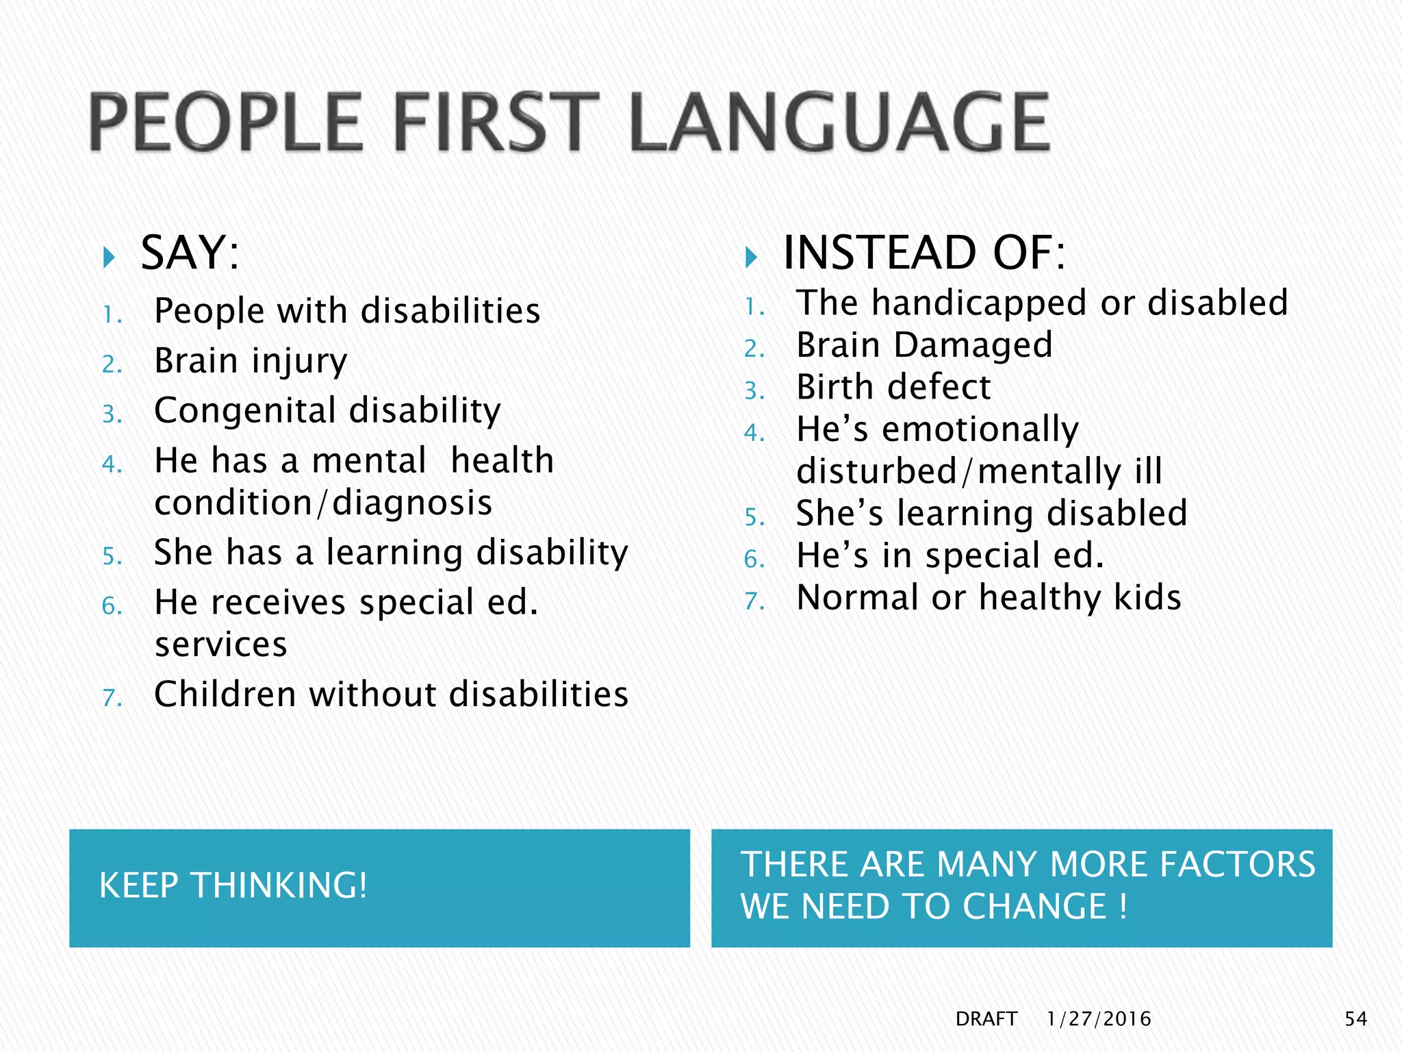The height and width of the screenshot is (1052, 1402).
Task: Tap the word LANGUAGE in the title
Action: (839, 123)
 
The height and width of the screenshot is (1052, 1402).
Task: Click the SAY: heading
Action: (190, 253)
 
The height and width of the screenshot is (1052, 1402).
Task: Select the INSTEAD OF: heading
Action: (923, 253)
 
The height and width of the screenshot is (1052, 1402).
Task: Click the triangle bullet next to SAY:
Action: (108, 258)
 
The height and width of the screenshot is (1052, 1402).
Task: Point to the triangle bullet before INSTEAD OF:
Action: (751, 258)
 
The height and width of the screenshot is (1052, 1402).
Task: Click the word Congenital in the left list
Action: (246, 411)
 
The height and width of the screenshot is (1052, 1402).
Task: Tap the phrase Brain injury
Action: (251, 361)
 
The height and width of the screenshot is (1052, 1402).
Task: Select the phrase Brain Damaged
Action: (924, 345)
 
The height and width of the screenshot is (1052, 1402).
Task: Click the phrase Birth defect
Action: (893, 388)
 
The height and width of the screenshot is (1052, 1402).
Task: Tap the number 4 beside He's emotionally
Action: (754, 433)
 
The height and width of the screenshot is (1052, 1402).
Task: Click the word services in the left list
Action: (220, 645)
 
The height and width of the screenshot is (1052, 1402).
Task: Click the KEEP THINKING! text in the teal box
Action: (233, 886)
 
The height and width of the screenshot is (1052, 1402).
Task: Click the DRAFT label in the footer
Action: (986, 1019)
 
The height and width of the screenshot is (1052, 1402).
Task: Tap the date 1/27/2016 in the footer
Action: (1099, 1019)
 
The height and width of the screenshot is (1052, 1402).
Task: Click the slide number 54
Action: (1355, 1019)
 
